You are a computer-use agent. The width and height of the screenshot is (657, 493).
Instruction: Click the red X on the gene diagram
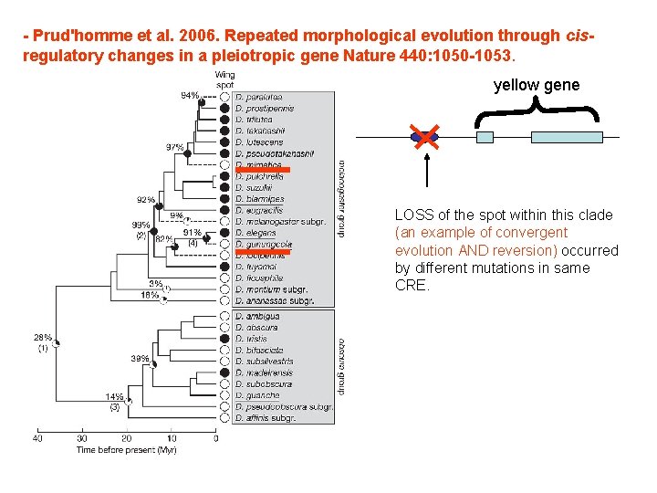click(x=424, y=137)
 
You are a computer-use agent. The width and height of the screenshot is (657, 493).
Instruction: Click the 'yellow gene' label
click(x=536, y=85)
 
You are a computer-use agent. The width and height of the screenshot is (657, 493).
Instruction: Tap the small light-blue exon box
click(x=485, y=137)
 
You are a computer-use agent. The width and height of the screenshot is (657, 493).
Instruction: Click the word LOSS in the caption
click(x=413, y=215)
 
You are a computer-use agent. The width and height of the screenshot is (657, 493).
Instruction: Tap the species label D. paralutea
click(x=258, y=97)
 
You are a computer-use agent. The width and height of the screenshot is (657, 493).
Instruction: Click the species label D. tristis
click(x=251, y=339)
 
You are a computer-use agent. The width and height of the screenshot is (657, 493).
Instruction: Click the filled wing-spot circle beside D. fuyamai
click(x=224, y=267)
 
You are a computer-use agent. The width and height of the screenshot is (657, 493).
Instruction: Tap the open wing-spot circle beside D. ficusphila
click(x=224, y=278)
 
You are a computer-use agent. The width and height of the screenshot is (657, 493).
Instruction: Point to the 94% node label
click(x=189, y=95)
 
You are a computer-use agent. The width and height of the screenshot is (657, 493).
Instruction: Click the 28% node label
click(x=44, y=338)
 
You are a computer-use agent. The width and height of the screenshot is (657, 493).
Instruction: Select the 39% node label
click(x=140, y=358)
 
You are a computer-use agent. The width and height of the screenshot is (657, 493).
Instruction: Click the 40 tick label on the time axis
click(x=38, y=438)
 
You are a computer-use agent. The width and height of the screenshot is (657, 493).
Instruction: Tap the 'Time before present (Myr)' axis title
click(x=127, y=450)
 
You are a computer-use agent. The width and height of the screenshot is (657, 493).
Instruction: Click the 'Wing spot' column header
click(x=224, y=79)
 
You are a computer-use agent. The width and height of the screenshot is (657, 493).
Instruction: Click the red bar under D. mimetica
click(x=262, y=170)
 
